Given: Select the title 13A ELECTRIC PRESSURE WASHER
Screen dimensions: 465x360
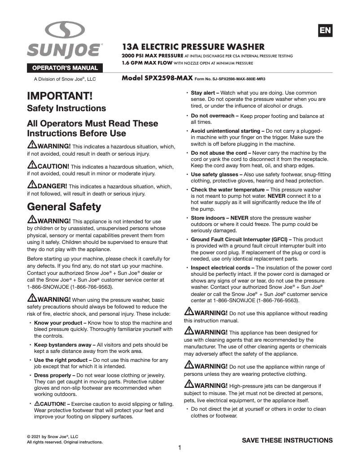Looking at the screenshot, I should click(193, 47).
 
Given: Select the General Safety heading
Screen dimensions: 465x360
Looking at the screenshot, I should click(64, 207).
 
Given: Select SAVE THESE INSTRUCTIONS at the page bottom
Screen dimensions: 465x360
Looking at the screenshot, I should click(287, 440).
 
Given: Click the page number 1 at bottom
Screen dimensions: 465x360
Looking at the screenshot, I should click(180, 448).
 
